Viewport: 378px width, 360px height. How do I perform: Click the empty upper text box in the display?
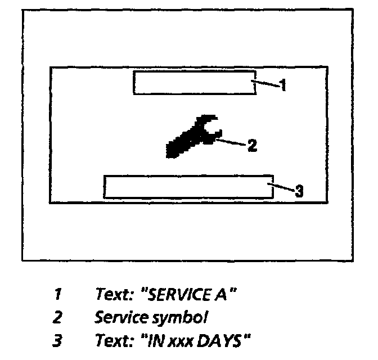tap(194, 83)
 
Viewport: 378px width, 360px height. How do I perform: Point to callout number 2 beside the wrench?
tap(253, 146)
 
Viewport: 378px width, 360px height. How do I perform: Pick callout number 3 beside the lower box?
tap(299, 191)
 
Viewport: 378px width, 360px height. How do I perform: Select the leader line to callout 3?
tap(281, 188)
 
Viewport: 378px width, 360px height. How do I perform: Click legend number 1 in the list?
tap(58, 294)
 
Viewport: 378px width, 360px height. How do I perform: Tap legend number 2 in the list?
tap(57, 317)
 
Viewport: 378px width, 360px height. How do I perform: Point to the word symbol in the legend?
tap(187, 317)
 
